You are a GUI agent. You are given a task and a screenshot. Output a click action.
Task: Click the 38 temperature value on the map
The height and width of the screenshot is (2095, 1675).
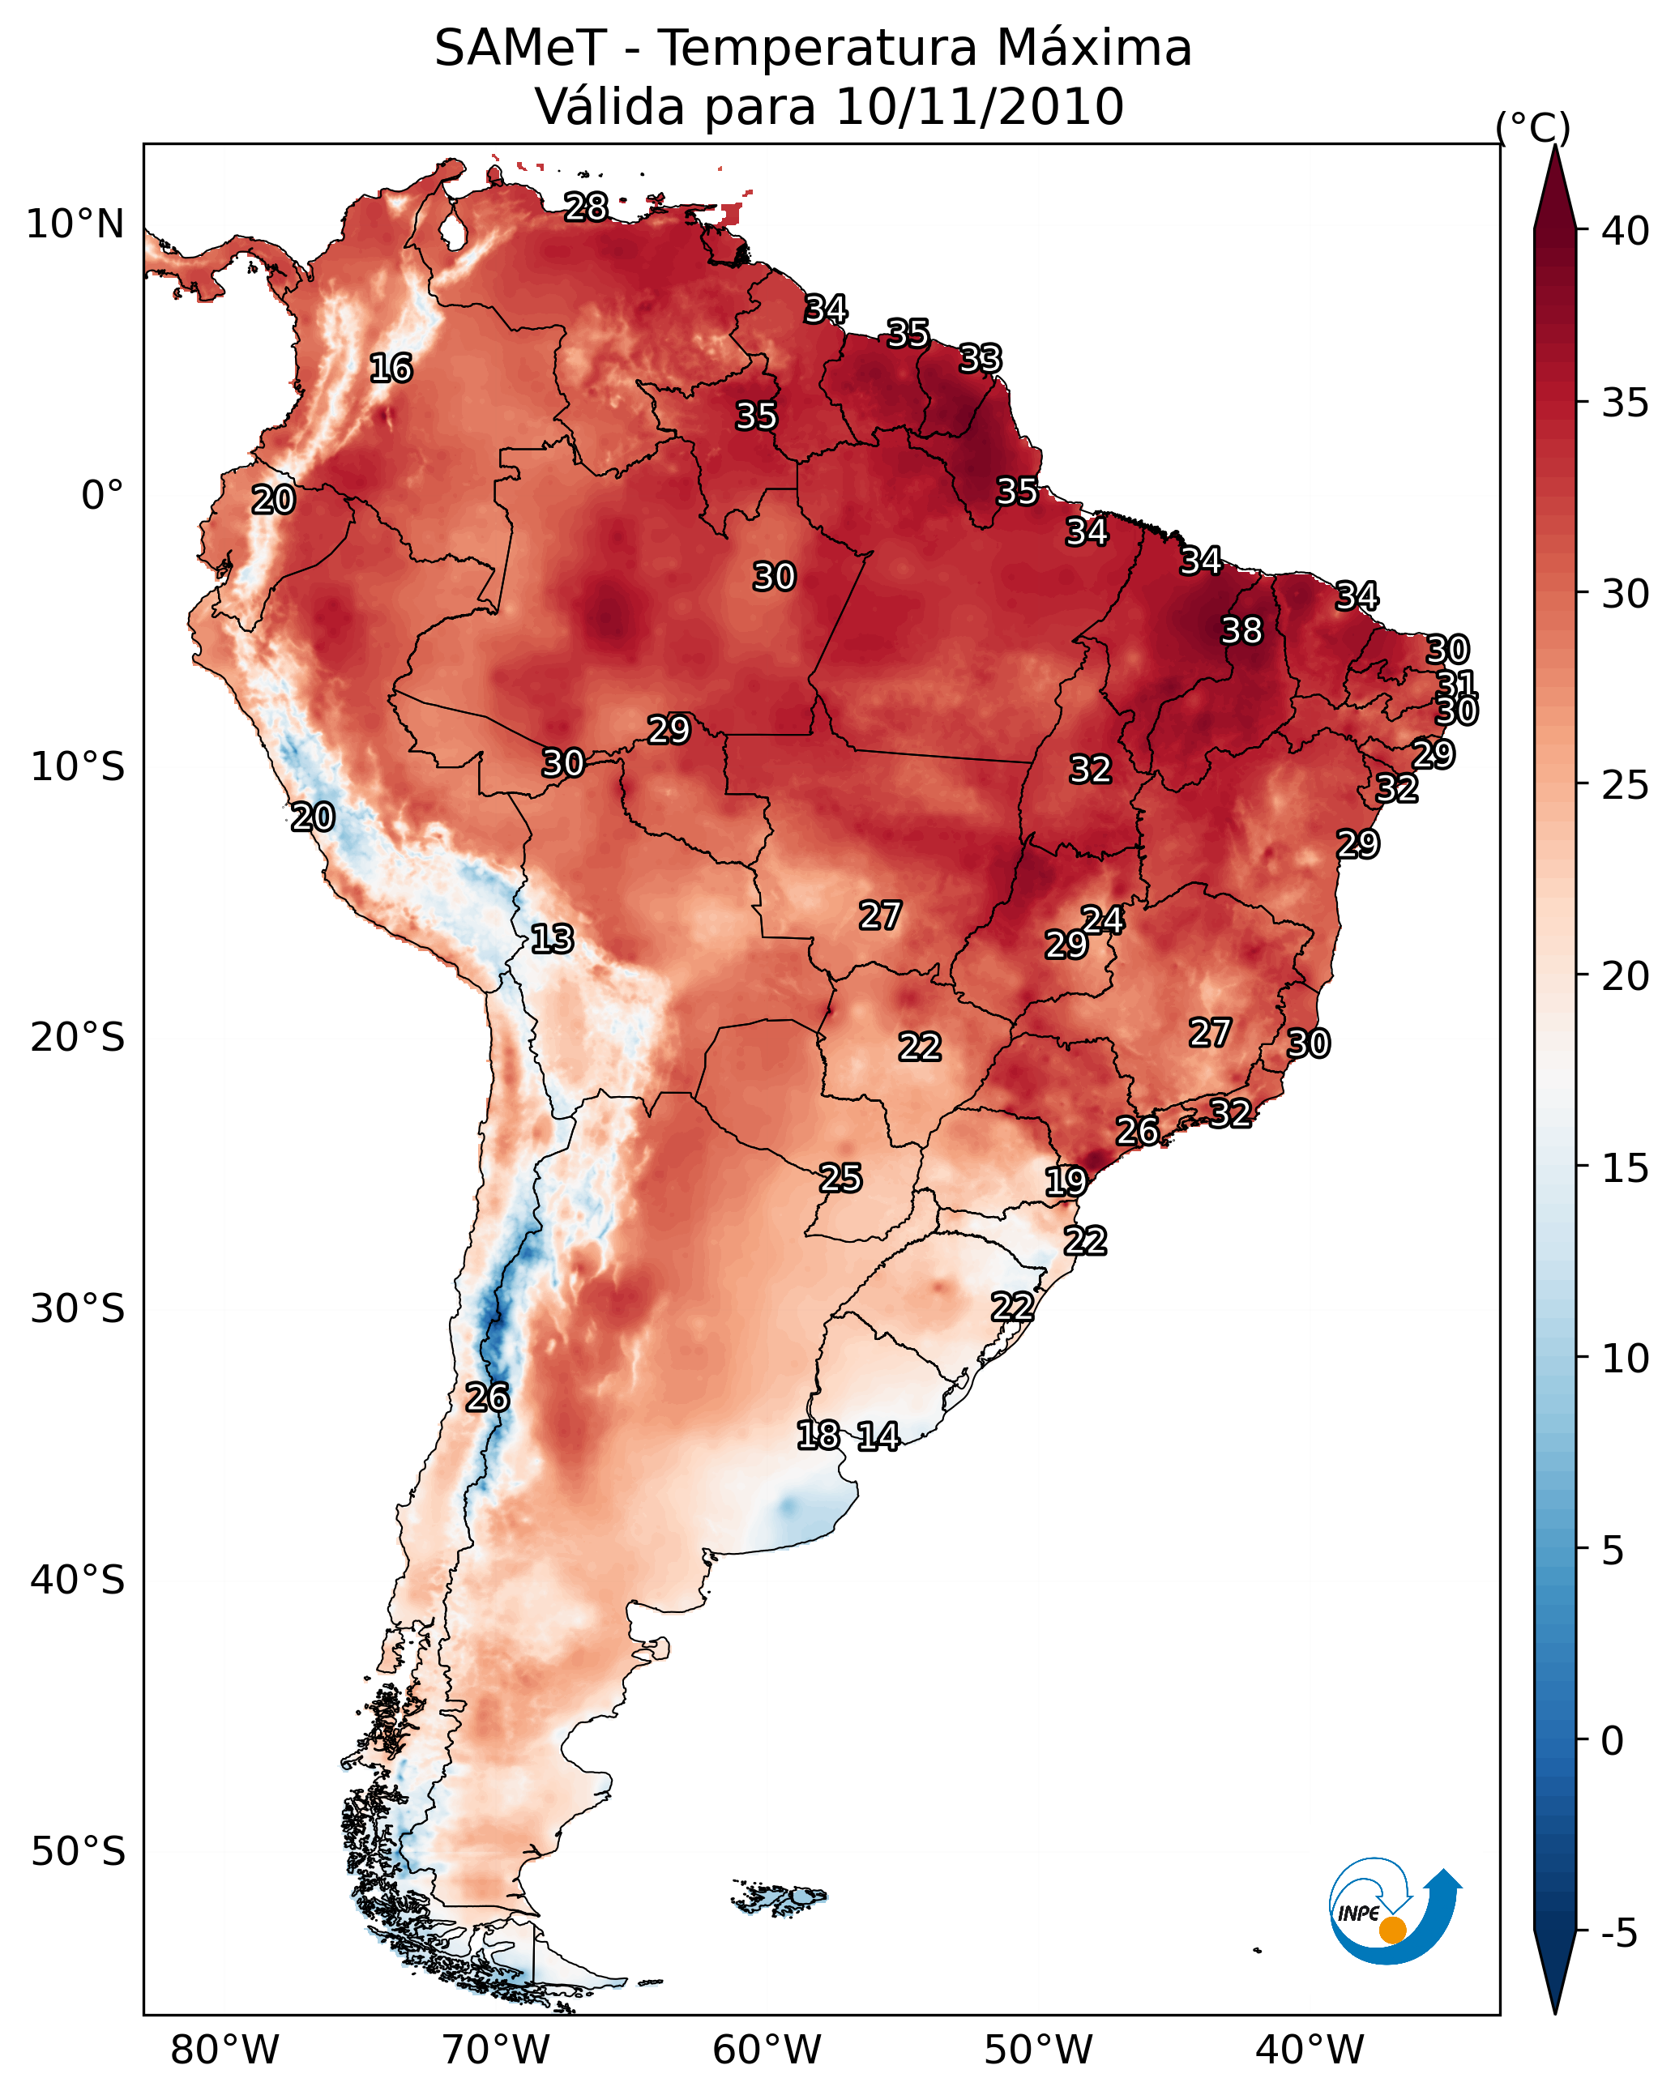[1241, 630]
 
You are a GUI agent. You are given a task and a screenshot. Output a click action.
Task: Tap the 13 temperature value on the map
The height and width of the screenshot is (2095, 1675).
[552, 939]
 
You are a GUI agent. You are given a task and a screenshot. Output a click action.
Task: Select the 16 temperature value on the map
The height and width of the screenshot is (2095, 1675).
[391, 369]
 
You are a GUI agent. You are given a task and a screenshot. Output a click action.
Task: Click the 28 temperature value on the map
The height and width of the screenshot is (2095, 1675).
[586, 207]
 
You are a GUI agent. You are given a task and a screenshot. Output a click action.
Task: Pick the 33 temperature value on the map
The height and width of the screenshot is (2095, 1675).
[980, 359]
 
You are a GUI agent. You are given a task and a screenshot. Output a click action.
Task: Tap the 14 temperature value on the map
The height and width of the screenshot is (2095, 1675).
[878, 1436]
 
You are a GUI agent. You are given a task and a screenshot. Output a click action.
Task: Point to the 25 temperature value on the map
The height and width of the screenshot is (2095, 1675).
[840, 1178]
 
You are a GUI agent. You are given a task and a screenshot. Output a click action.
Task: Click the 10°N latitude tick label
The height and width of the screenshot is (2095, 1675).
[75, 224]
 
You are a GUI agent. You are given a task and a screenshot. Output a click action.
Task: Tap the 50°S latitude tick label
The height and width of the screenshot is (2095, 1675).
[78, 1851]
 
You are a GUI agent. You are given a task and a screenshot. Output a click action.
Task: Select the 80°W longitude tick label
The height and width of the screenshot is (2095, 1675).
[224, 2050]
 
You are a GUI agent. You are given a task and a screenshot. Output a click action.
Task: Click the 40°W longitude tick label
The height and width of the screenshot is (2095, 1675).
[1310, 2050]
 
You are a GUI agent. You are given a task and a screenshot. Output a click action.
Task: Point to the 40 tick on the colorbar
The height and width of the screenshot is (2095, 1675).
[1625, 231]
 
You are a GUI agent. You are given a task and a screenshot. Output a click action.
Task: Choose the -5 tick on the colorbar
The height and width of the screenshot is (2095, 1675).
[1618, 1934]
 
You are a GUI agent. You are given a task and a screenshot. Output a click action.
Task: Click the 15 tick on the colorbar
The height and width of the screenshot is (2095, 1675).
[1625, 1168]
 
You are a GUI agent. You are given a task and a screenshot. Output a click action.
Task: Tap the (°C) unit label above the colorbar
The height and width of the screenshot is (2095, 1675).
[1532, 127]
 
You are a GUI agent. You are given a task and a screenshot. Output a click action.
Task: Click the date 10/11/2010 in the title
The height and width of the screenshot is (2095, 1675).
[979, 107]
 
